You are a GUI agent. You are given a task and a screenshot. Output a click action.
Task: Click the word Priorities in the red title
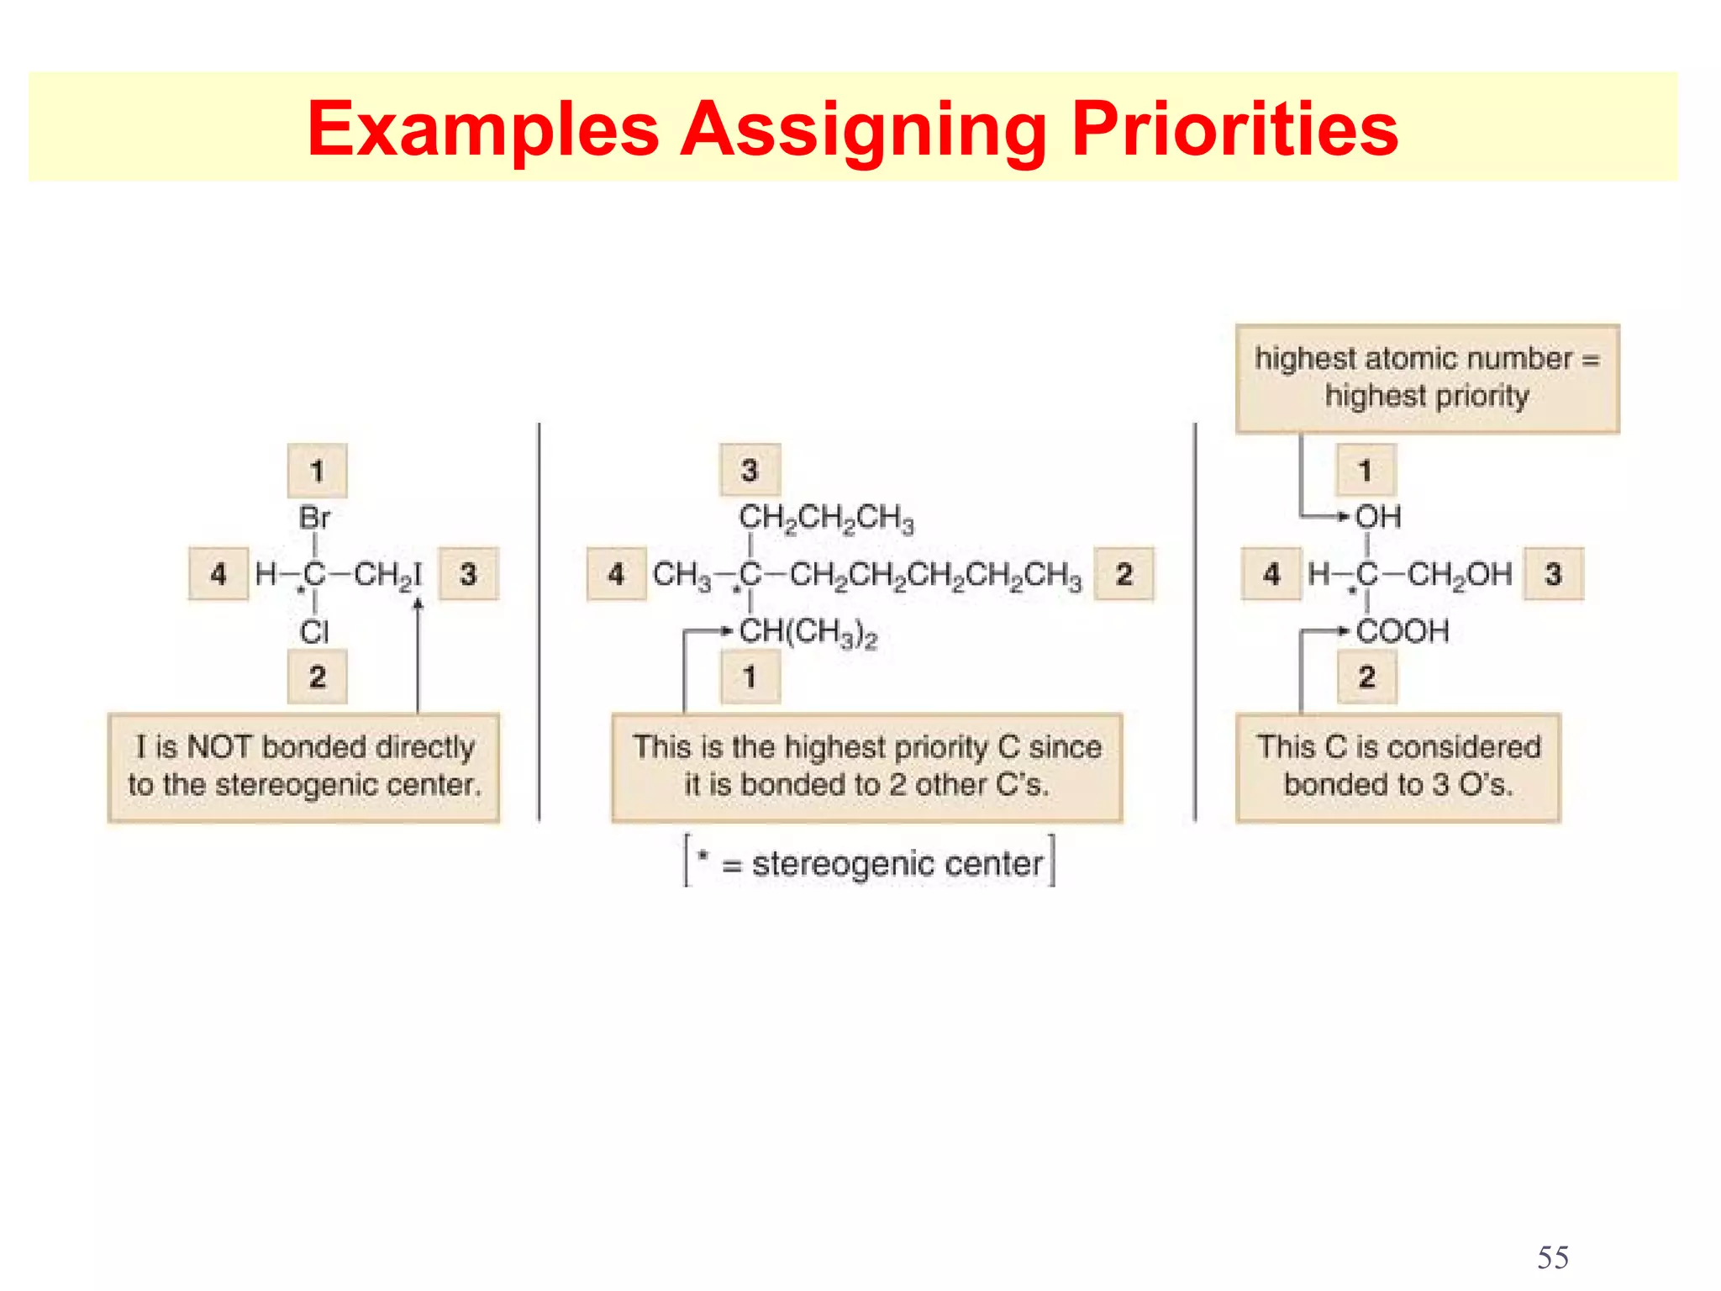(1234, 129)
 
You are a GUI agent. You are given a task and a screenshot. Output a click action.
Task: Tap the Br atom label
(315, 518)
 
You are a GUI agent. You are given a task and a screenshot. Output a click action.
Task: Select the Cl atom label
(314, 632)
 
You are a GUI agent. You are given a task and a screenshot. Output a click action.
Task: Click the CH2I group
(387, 575)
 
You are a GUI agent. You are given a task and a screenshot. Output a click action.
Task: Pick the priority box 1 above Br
(317, 471)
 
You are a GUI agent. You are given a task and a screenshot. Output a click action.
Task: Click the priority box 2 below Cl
(317, 677)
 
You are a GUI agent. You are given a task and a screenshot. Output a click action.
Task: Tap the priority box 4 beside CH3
(616, 574)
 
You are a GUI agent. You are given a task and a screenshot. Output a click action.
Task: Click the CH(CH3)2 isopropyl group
(808, 633)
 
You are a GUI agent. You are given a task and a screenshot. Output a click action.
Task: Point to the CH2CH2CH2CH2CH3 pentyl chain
(935, 576)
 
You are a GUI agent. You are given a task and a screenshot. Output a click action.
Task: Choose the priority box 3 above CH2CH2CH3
(750, 471)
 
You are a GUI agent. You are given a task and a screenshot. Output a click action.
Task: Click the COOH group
(1403, 631)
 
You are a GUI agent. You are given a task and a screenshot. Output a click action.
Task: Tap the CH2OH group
(1460, 575)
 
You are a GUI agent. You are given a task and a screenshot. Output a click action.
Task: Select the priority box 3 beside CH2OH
(1553, 574)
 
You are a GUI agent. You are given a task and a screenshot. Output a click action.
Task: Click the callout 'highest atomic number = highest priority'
(1427, 378)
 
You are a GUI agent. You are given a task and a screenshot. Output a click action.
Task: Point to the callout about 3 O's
(1397, 767)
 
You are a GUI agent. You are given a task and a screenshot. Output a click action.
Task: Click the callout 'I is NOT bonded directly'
(303, 767)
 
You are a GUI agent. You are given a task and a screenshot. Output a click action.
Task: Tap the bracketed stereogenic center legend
(870, 863)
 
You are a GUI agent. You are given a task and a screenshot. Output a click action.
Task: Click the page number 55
(1552, 1257)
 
